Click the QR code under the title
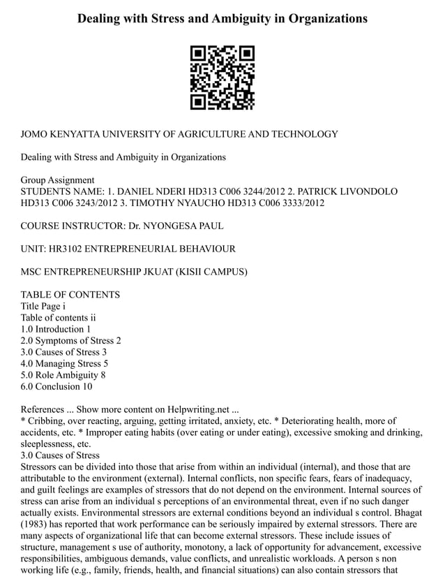click(x=222, y=78)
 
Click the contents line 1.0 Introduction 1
click(x=56, y=329)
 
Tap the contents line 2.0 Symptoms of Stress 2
click(x=71, y=340)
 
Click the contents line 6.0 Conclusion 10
click(x=56, y=386)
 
